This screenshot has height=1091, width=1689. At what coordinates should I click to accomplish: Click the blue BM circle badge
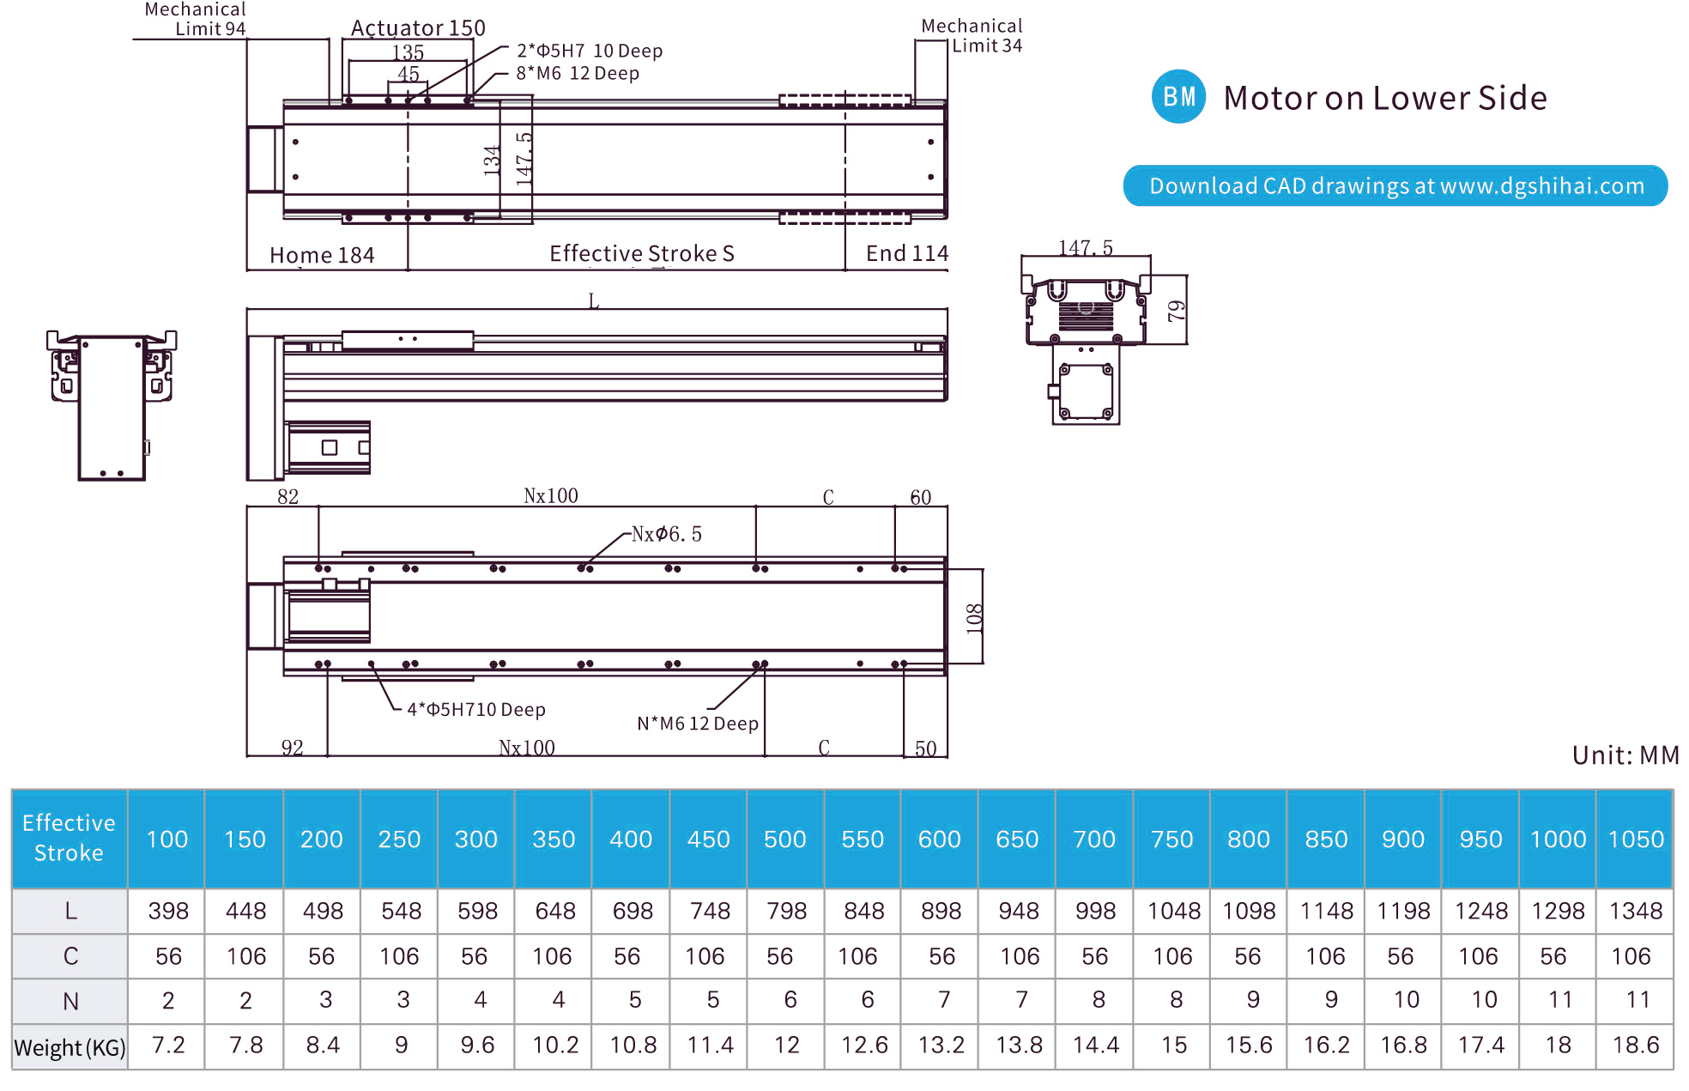pos(1178,97)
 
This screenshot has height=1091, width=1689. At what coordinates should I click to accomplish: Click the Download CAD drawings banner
pos(1395,185)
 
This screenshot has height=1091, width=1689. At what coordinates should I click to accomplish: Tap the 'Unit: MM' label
pos(1625,755)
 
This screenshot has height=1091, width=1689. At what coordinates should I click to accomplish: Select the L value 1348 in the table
pos(1636,911)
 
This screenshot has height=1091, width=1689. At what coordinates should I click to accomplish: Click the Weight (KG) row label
pos(70,1047)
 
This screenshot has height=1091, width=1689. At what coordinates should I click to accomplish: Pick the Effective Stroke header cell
pos(69,838)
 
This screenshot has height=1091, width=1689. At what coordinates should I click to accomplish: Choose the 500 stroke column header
pos(784,839)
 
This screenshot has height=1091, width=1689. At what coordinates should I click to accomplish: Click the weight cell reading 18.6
pos(1636,1046)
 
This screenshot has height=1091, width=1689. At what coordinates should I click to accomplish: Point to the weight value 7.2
pos(168,1046)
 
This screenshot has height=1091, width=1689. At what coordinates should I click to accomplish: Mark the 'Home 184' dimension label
pos(322,255)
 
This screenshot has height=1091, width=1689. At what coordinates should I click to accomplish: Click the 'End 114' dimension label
pos(906,253)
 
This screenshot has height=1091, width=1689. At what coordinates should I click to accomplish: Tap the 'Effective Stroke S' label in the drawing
pos(641,253)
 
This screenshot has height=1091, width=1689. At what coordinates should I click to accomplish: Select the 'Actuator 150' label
pos(418,28)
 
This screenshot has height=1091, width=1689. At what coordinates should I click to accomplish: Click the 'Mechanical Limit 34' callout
pos(972,36)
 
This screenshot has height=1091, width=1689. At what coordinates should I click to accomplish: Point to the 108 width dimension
pos(974,617)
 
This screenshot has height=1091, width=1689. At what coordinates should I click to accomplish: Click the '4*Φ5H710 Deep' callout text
pos(475,710)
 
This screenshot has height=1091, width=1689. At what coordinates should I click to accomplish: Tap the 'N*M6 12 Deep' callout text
pos(697,724)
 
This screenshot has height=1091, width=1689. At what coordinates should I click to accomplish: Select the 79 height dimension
pos(1177,310)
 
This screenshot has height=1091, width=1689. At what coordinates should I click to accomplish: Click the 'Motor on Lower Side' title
pos(1384,98)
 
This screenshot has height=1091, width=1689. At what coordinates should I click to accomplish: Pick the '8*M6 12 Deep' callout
pos(578,74)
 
